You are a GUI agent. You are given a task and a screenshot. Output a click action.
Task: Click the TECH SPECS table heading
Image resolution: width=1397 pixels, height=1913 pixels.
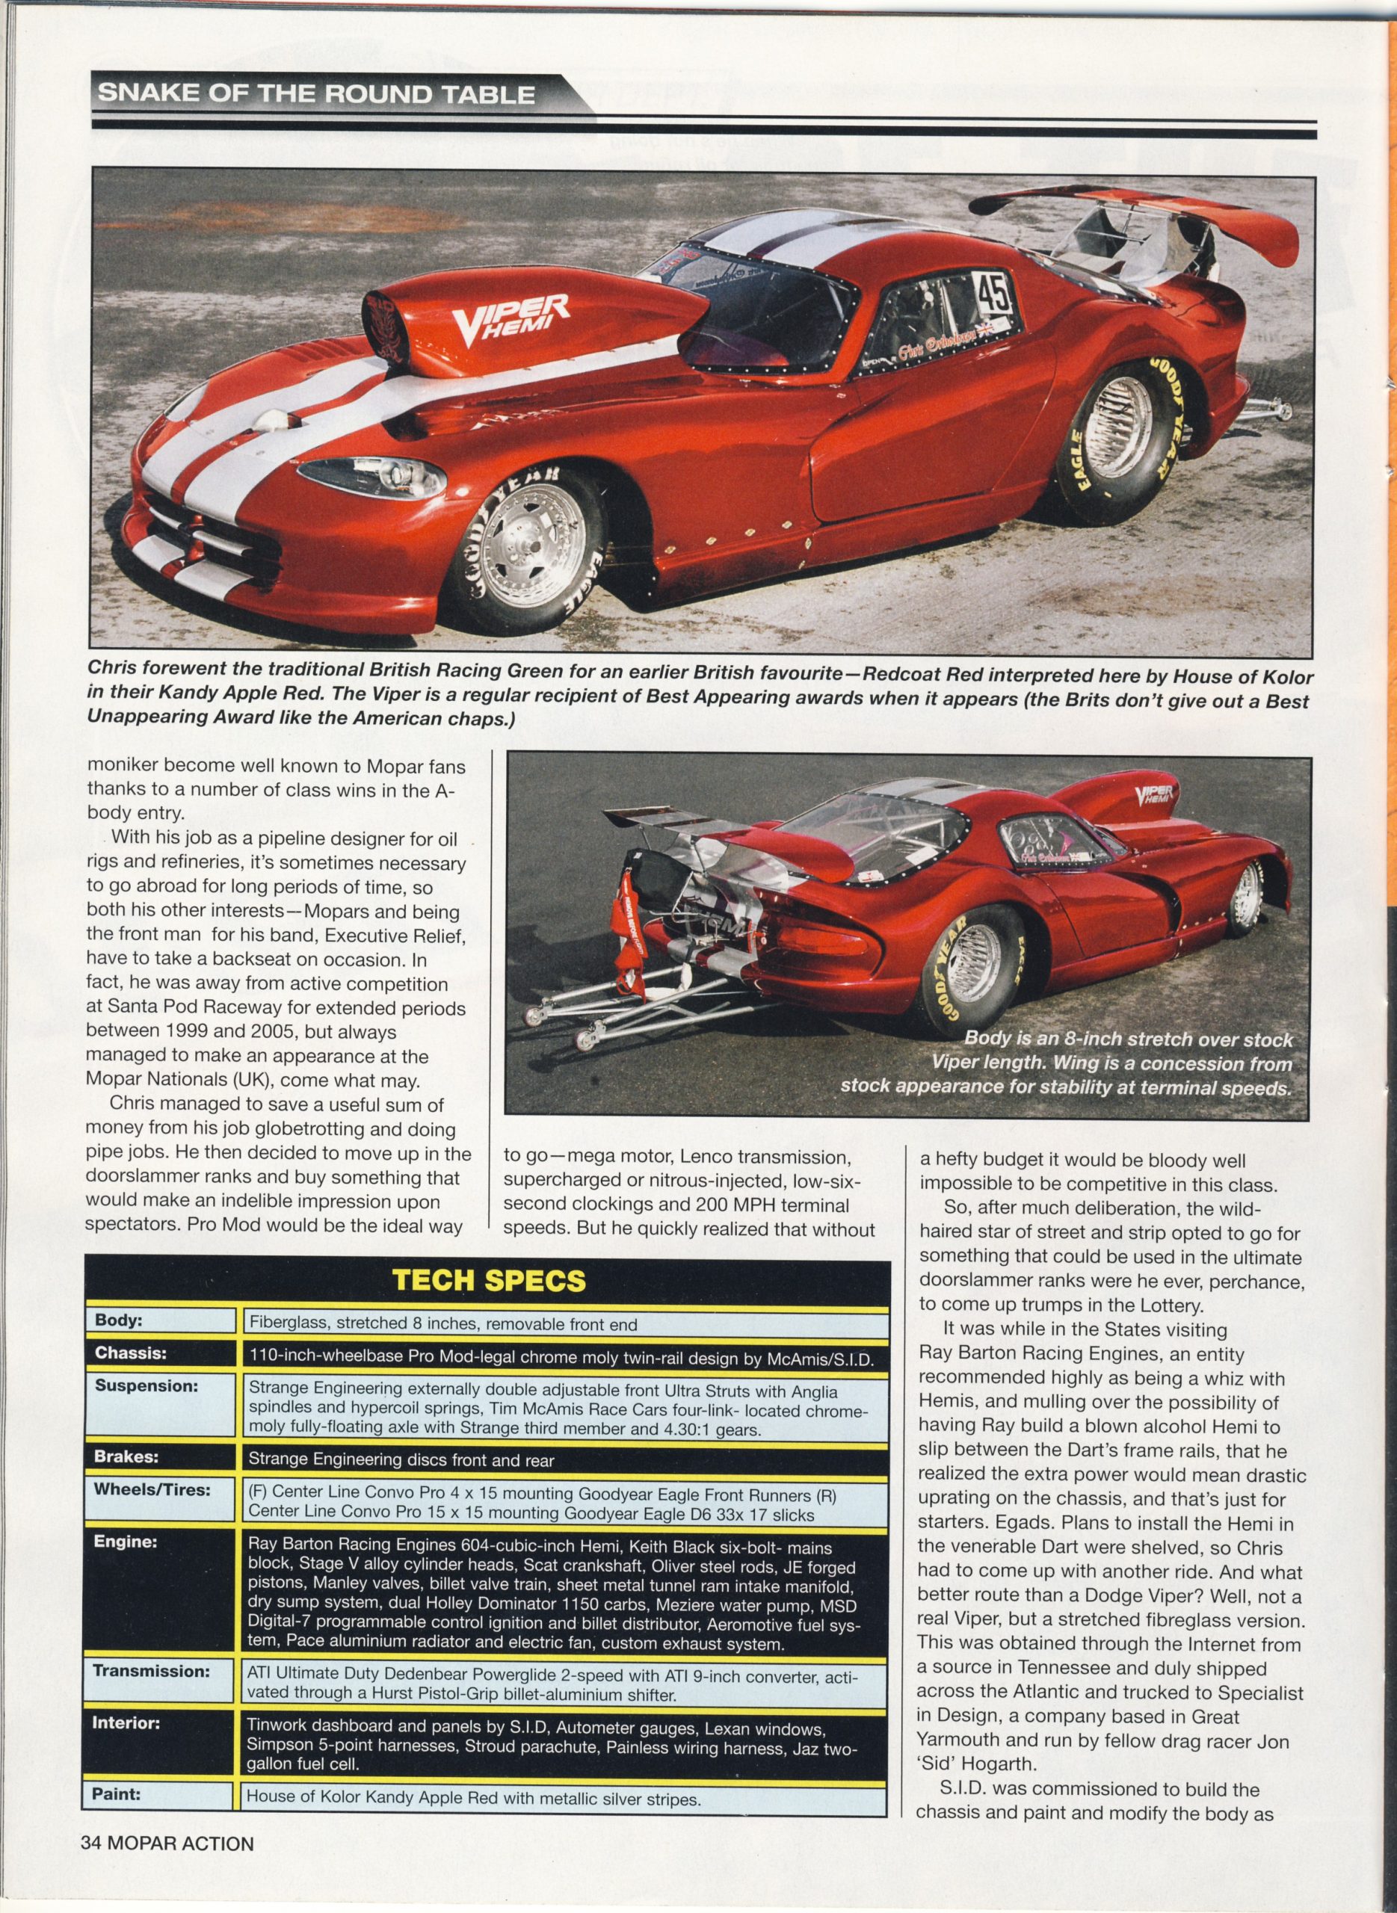tap(489, 1281)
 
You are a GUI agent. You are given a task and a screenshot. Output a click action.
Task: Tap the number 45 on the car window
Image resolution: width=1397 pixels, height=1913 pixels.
tap(993, 295)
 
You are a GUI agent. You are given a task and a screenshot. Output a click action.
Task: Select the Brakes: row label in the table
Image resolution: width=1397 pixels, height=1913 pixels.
tap(127, 1458)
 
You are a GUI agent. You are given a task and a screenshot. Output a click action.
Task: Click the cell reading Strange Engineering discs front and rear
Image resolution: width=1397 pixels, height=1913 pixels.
tap(401, 1460)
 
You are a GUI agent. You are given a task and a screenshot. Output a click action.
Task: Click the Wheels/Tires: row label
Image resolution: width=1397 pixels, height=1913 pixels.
tap(152, 1489)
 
